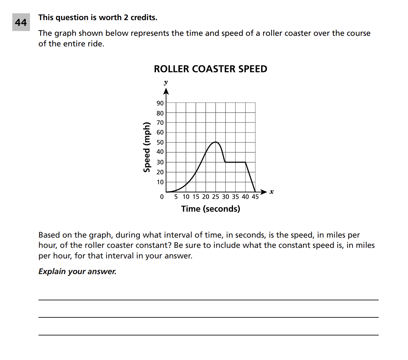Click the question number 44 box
21,22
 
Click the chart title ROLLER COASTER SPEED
210,69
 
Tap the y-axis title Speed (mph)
147,147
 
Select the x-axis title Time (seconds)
210,209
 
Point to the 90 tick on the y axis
160,103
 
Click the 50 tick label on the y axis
160,142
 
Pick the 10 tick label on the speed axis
160,182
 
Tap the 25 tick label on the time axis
216,197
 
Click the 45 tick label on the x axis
255,197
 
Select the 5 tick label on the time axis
176,197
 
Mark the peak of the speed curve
215,142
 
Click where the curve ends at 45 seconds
255,192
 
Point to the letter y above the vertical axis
166,82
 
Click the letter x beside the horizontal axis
271,192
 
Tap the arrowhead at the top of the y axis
166,91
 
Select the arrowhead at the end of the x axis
264,192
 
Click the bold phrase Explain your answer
77,271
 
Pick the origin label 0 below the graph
162,197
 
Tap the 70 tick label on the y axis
160,123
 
